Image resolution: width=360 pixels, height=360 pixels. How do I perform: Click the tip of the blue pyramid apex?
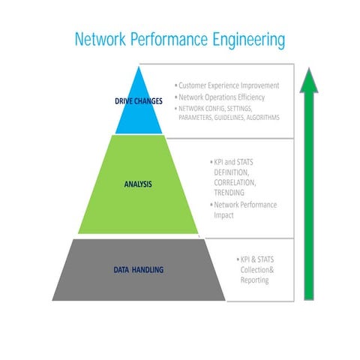click(139, 68)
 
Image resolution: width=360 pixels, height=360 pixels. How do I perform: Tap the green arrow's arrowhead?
click(308, 81)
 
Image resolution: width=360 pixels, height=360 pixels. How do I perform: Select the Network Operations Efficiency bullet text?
click(223, 97)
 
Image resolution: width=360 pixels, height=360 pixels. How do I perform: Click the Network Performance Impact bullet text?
click(244, 209)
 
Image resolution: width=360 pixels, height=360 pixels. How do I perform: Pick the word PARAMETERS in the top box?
click(195, 117)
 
